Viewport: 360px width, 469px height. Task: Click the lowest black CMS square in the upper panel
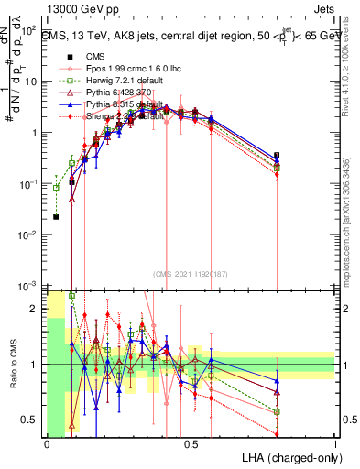coord(56,217)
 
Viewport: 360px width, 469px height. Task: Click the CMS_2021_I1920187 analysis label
coord(189,273)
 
